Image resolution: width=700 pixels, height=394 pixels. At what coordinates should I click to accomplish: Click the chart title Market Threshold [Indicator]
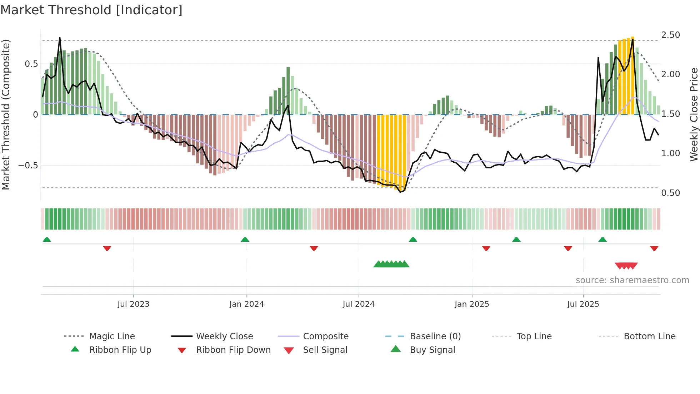point(91,10)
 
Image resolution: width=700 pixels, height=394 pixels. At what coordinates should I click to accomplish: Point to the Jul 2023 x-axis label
point(133,304)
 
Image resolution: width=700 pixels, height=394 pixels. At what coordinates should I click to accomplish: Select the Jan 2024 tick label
point(246,304)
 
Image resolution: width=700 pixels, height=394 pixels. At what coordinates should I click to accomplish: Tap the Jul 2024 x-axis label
point(359,304)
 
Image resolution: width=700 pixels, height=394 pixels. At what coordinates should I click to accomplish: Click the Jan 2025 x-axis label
point(472,304)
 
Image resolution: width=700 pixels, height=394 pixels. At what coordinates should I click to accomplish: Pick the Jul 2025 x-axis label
point(583,304)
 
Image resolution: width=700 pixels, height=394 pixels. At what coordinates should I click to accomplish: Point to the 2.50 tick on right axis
point(670,35)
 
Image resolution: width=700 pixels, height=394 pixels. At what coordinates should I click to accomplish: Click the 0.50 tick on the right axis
point(670,193)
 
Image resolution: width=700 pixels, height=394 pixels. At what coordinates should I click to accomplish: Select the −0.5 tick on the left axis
point(28,166)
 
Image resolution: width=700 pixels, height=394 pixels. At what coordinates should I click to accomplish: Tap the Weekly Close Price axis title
point(694,114)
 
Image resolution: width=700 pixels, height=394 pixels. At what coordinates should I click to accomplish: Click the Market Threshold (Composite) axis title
point(6,114)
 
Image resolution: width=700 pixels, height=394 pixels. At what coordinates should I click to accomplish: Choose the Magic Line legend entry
point(112,336)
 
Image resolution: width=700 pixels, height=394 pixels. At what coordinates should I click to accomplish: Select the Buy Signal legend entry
point(432,350)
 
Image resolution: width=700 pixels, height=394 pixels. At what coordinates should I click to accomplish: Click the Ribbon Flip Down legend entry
point(233,350)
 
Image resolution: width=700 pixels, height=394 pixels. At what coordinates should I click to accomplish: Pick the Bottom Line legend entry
point(649,336)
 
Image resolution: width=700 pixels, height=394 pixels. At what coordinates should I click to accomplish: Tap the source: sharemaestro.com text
point(632,280)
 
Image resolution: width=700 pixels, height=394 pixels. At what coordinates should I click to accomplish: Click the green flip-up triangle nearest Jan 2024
point(245,240)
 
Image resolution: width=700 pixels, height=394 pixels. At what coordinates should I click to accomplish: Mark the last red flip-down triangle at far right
point(654,248)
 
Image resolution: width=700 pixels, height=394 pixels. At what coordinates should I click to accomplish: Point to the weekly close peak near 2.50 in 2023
point(60,38)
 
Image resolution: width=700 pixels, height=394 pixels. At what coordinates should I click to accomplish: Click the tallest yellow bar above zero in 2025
point(632,75)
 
